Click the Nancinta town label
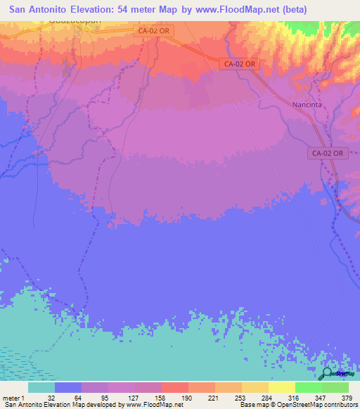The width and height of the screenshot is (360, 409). pos(306,105)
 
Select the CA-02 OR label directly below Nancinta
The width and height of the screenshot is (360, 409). pos(328,152)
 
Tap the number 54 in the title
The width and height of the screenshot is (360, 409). pos(137,10)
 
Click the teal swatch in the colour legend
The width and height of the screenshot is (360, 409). pos(41,387)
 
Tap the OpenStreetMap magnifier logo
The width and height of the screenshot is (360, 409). pos(328,374)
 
